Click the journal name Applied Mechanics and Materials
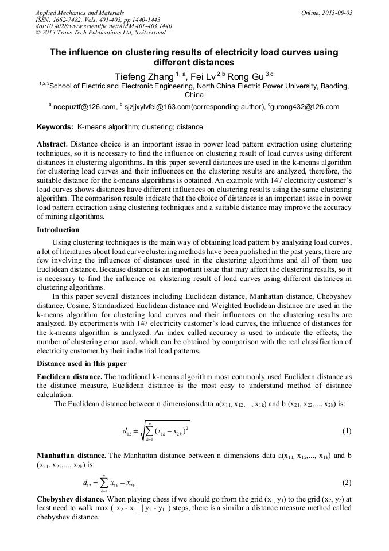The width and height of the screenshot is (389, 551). [x=79, y=12]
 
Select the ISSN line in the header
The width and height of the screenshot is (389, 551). [x=98, y=19]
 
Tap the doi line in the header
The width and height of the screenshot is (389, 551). [x=103, y=26]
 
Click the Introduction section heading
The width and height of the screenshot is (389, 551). [x=58, y=230]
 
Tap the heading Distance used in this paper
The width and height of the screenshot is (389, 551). [x=81, y=363]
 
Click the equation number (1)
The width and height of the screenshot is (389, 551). [x=347, y=430]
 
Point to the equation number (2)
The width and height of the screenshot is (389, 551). [x=347, y=483]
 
